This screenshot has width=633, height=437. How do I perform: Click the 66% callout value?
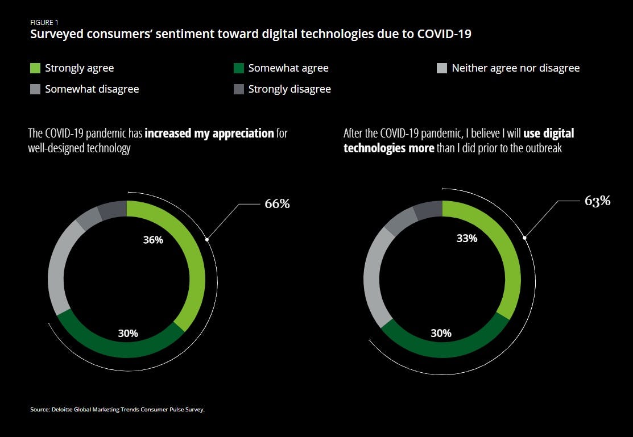pyautogui.click(x=277, y=203)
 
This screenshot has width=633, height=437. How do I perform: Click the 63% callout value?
pyautogui.click(x=597, y=201)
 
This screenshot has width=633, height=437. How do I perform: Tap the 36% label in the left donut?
pyautogui.click(x=153, y=240)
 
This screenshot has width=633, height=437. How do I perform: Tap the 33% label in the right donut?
pyautogui.click(x=467, y=239)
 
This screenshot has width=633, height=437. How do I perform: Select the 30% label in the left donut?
pyautogui.click(x=128, y=334)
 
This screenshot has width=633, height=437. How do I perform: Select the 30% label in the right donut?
pyautogui.click(x=441, y=333)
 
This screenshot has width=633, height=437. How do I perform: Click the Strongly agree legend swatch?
pyautogui.click(x=35, y=68)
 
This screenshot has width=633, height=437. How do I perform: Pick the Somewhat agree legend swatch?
pyautogui.click(x=239, y=68)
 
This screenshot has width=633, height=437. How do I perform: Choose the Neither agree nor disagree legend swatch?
pyautogui.click(x=442, y=68)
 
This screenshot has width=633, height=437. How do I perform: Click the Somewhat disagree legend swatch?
pyautogui.click(x=35, y=89)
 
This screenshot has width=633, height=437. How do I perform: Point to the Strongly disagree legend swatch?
pyautogui.click(x=239, y=89)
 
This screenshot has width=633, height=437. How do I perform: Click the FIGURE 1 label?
pyautogui.click(x=43, y=23)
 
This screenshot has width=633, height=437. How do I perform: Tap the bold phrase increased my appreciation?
pyautogui.click(x=209, y=134)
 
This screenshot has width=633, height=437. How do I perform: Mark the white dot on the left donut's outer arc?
pyautogui.click(x=207, y=239)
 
